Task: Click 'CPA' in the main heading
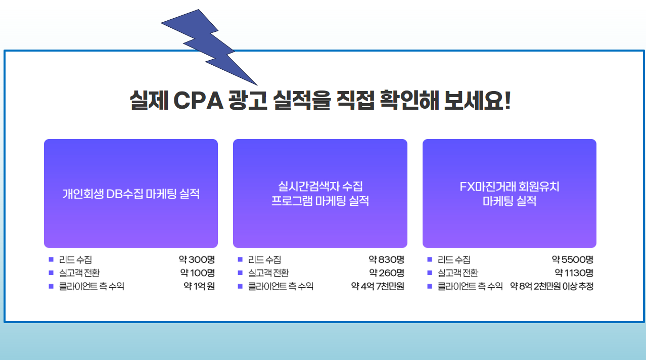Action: point(199,101)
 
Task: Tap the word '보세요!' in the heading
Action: point(477,101)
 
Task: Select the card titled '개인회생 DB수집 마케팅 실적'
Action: point(131,193)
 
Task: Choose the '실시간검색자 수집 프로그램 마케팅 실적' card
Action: point(320,193)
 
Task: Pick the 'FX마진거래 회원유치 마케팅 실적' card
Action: point(510,193)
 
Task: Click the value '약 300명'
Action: point(197,259)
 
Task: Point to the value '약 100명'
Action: point(198,273)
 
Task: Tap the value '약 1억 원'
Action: point(199,286)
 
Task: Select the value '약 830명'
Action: point(387,259)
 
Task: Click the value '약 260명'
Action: point(387,273)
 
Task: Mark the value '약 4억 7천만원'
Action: point(378,286)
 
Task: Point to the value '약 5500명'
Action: point(573,259)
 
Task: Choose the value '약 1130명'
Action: point(574,273)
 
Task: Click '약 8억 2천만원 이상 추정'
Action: point(551,286)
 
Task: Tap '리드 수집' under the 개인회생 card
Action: point(75,259)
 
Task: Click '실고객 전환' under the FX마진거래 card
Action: point(458,273)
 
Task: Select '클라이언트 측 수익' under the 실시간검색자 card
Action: point(281,286)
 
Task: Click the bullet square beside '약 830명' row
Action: point(240,259)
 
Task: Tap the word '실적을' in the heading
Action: point(301,101)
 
